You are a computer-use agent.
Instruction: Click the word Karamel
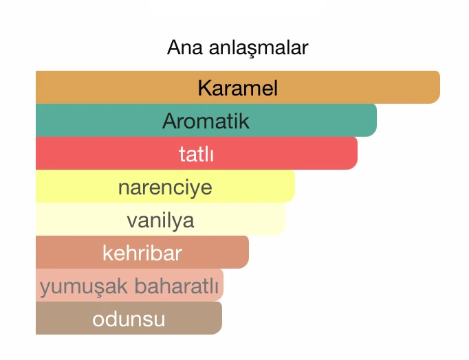237,88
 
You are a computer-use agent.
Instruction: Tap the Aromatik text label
206,121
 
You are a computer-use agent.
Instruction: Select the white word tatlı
196,154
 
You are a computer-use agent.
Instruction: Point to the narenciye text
165,187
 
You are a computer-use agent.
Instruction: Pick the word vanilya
160,220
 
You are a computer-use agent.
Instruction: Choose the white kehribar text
142,253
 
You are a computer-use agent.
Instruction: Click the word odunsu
129,319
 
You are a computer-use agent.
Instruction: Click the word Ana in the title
181,48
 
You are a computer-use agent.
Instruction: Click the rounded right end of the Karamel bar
433,87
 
